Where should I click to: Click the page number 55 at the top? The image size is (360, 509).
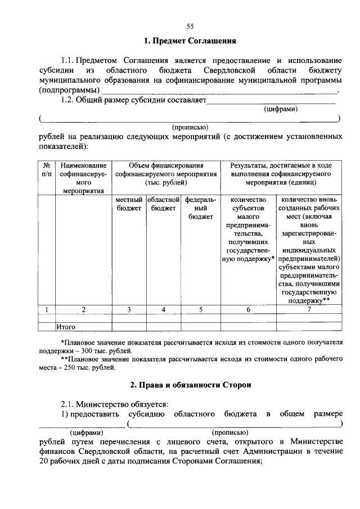(190, 26)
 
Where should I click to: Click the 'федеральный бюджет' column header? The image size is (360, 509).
(200, 208)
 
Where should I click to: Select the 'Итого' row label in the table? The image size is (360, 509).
(66, 326)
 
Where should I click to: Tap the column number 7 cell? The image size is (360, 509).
(309, 309)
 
